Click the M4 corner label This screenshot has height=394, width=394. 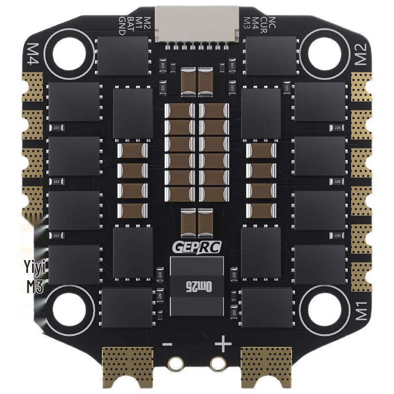pos(33,53)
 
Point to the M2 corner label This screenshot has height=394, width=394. pos(361,54)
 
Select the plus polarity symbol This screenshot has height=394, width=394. pos(223,343)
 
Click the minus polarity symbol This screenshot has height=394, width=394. pos(167,343)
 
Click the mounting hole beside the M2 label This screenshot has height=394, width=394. pos(323,51)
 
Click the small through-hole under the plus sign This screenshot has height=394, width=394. pos(217,363)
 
